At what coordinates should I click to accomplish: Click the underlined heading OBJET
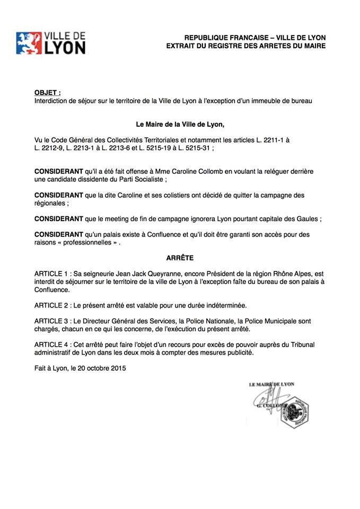(x=47, y=92)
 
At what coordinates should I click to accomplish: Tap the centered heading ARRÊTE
(x=180, y=258)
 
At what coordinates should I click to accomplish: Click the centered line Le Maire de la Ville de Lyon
(x=180, y=125)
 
